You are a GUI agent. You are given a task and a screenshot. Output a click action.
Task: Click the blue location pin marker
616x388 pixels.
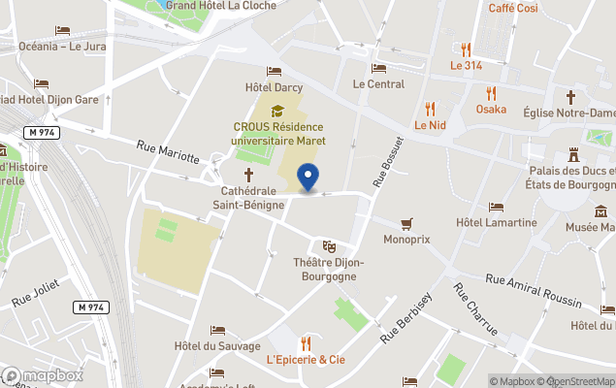(x=308, y=178)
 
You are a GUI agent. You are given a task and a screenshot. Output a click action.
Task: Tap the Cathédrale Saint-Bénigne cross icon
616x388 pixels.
(x=248, y=175)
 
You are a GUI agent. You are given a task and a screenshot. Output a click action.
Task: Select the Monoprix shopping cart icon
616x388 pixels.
(x=405, y=223)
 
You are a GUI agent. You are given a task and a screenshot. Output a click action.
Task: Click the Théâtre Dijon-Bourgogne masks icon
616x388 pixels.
(x=329, y=246)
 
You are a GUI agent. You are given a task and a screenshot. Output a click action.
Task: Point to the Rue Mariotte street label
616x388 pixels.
(x=168, y=152)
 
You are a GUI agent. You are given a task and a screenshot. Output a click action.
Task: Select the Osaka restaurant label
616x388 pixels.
(x=491, y=110)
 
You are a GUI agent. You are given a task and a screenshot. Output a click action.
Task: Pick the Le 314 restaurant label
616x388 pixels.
(x=466, y=66)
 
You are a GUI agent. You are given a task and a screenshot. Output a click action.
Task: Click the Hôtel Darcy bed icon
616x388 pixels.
(x=274, y=72)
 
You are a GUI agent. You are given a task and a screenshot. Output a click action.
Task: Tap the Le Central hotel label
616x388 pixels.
(x=378, y=84)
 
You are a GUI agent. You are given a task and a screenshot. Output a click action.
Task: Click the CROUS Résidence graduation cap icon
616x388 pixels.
(x=277, y=111)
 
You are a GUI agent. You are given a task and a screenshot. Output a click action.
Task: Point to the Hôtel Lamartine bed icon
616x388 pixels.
(x=496, y=208)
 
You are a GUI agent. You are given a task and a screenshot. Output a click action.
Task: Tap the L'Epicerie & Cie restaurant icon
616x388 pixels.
(x=306, y=342)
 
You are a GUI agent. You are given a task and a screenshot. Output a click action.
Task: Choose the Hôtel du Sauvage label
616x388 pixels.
(x=217, y=346)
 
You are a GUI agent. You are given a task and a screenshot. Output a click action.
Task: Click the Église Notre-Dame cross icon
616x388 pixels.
(x=571, y=97)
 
